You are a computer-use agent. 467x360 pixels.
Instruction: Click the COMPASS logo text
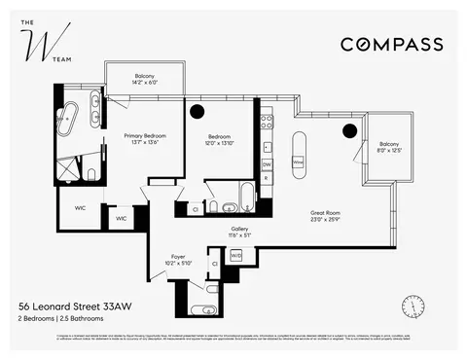click(x=391, y=44)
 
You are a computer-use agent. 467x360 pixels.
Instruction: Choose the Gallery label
click(x=239, y=232)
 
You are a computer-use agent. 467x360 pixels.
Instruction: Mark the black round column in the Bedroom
click(x=197, y=112)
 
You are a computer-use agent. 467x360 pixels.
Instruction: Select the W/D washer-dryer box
click(x=236, y=255)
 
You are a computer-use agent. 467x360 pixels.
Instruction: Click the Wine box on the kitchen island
click(x=299, y=162)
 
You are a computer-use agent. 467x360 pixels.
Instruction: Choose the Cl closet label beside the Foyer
click(x=214, y=264)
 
